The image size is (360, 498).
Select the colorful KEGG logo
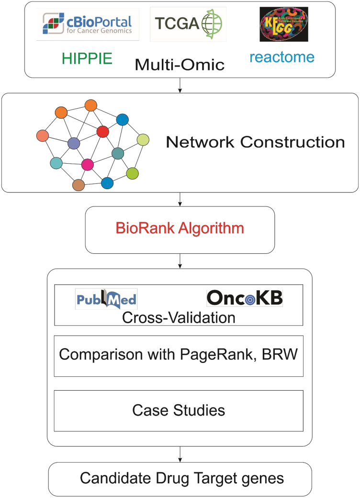click(283, 24)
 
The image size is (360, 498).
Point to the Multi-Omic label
click(180, 64)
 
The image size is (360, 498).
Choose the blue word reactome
click(282, 57)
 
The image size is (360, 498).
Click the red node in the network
click(102, 131)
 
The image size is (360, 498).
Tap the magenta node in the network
click(87, 165)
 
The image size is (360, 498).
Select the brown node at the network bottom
click(79, 185)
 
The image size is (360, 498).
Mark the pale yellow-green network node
click(143, 140)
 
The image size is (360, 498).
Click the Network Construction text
click(255, 142)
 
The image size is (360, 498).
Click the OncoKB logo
click(244, 298)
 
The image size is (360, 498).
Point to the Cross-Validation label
click(179, 317)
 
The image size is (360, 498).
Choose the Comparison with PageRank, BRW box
click(179, 356)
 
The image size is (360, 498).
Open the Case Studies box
click(179, 410)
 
